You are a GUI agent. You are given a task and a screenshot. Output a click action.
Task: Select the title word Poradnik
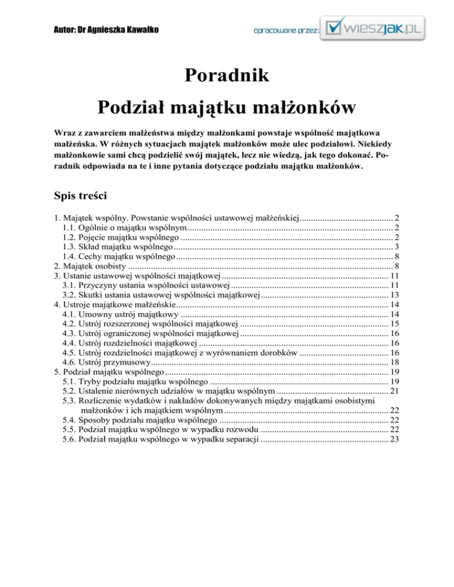coord(227,76)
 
